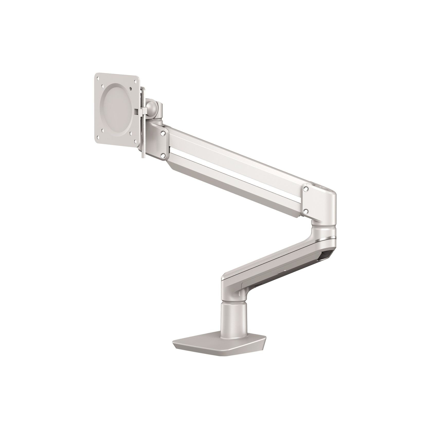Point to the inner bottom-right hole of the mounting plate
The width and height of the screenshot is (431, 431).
pyautogui.click(x=131, y=134)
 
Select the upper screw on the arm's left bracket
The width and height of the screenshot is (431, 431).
pyautogui.click(x=163, y=133)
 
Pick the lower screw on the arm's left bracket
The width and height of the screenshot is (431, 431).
pyautogui.click(x=163, y=155)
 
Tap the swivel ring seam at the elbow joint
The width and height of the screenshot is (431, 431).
pyautogui.click(x=324, y=227)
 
